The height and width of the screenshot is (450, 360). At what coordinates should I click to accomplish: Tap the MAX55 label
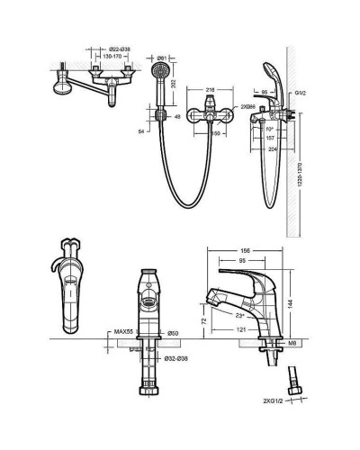pyautogui.click(x=124, y=334)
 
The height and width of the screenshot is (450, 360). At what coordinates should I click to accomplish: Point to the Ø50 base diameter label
pyautogui.click(x=174, y=334)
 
